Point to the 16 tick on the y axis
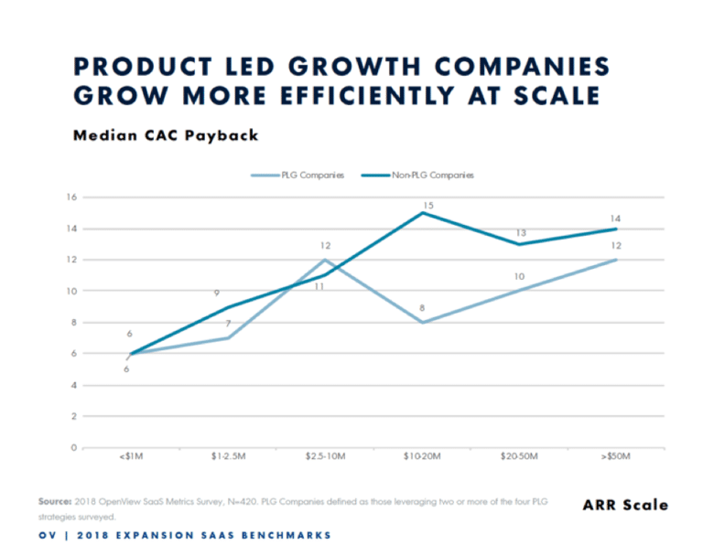tap(69, 197)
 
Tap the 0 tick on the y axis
tap(70, 447)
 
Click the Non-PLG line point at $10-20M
tap(422, 213)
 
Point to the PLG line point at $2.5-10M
tap(325, 260)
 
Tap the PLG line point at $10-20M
tap(422, 322)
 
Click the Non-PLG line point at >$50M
tap(615, 229)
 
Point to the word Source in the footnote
tap(54, 501)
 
